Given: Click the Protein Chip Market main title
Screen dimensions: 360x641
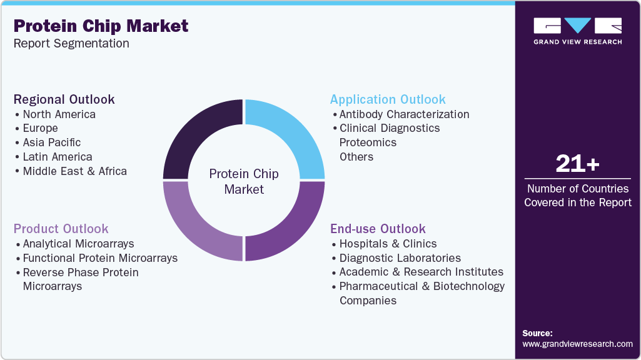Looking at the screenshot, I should point(101,26).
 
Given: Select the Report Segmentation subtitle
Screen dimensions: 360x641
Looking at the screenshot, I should point(71,44).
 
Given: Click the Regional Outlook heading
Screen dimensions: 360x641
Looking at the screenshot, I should point(64,99).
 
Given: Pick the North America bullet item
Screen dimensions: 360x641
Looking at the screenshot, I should point(59,114).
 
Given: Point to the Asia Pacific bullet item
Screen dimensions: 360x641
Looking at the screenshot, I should point(51,142).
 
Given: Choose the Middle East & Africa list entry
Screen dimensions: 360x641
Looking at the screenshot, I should point(74,171).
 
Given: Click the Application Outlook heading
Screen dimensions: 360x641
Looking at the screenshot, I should point(388,99).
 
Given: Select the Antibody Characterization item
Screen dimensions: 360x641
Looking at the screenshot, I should point(404,114).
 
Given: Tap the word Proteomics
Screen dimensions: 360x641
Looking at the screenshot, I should point(368,142).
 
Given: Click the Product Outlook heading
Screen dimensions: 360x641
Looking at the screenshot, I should point(61,229).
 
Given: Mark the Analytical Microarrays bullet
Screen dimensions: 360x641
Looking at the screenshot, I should point(78,244).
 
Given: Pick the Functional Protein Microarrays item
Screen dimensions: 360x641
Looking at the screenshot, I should point(100,258).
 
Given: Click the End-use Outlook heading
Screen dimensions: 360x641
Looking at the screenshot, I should point(378,229).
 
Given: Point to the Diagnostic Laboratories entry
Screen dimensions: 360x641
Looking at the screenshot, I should point(400,258).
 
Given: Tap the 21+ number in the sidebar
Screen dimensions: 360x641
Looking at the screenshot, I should point(577,164).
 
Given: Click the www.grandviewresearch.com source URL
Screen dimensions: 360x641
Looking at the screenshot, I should point(577,344).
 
